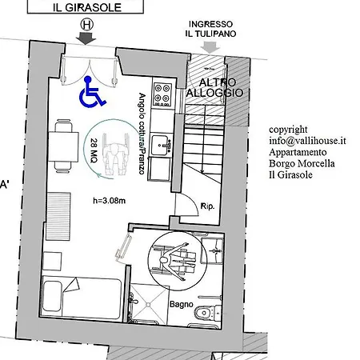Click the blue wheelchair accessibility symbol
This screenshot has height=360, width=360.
pyautogui.click(x=92, y=92)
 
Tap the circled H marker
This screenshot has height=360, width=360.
pyautogui.click(x=87, y=25)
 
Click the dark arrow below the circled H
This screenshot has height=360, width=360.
pyautogui.click(x=86, y=38)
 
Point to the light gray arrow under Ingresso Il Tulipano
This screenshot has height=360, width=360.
pyautogui.click(x=210, y=47)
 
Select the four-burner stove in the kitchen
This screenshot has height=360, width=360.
pyautogui.click(x=162, y=94)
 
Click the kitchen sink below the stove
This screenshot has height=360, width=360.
pyautogui.click(x=161, y=146)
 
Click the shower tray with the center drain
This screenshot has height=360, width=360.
pyautogui.click(x=149, y=304)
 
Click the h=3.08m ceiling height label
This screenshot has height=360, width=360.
pyautogui.click(x=109, y=201)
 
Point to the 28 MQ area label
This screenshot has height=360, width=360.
pyautogui.click(x=94, y=150)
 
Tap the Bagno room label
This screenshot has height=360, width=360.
pyautogui.click(x=182, y=304)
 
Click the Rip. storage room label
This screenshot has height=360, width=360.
pyautogui.click(x=207, y=206)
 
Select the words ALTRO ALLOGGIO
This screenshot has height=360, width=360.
pyautogui.click(x=214, y=88)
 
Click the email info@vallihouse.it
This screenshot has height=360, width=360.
pyautogui.click(x=307, y=141)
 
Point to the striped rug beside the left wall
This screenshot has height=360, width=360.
pyautogui.click(x=58, y=217)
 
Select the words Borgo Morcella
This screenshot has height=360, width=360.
pyautogui.click(x=302, y=163)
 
